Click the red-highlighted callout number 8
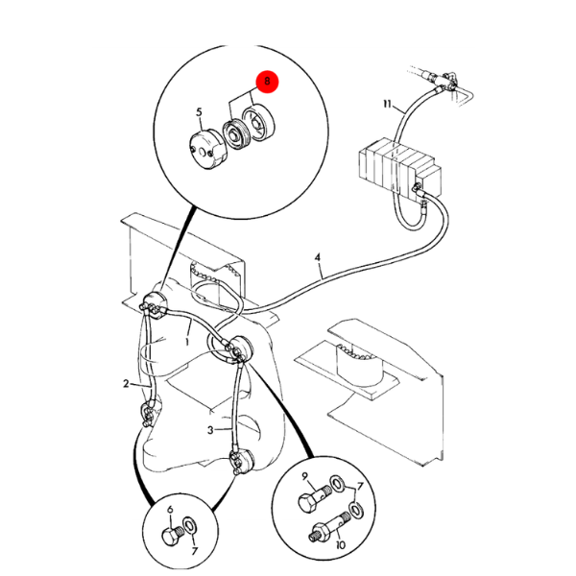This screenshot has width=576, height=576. point(268,84)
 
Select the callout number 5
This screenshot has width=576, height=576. point(200,112)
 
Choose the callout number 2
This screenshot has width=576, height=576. point(126,384)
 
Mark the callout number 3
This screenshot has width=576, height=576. point(210,430)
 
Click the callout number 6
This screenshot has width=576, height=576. point(170,511)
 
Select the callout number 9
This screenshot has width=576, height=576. point(304,477)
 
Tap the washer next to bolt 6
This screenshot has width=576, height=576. point(190,528)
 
